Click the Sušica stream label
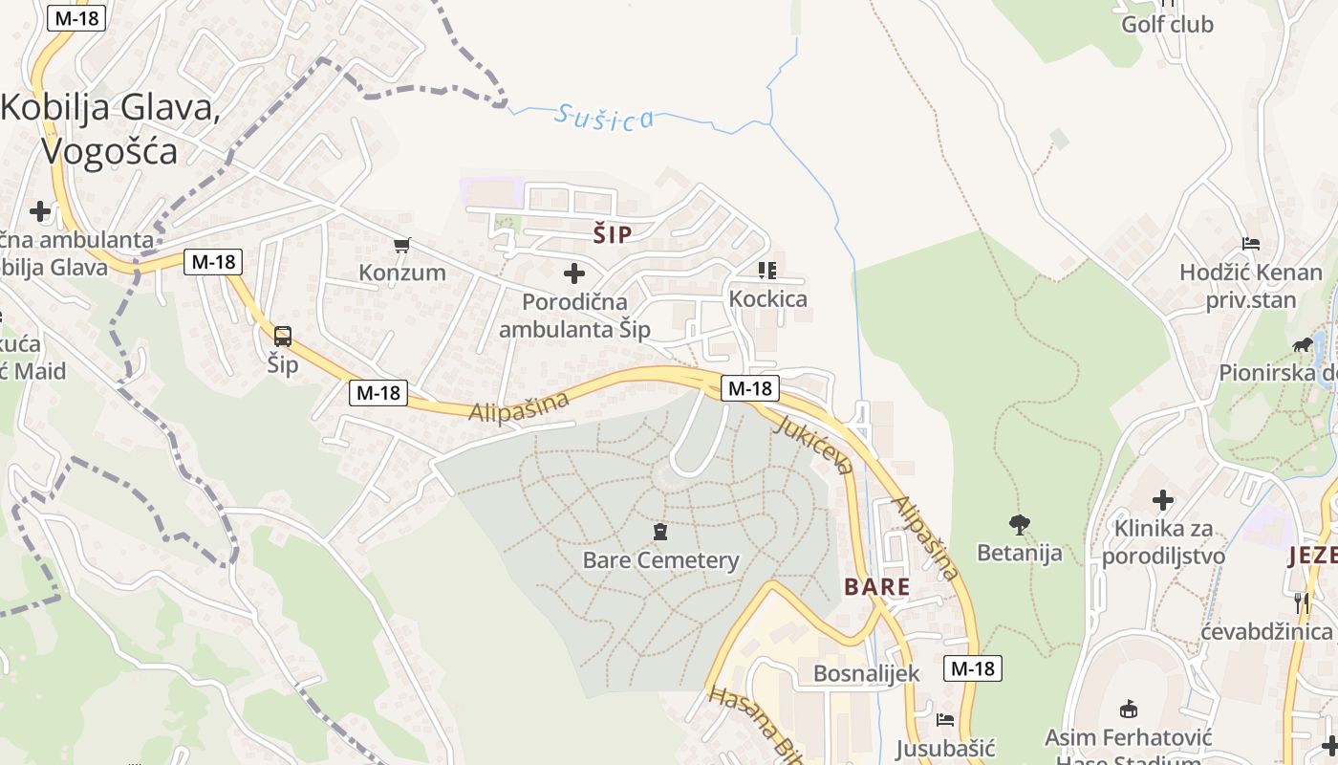pos(605,118)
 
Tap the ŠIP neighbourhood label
pos(613,234)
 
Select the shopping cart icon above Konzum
pos(402,246)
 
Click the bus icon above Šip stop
pos(283,337)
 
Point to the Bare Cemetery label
pos(660,560)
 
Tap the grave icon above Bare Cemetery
pos(659,532)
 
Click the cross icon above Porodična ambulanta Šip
pos(574,274)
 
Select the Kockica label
pos(767,298)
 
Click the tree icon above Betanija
pos(1019,524)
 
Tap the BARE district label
pos(876,586)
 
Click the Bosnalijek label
pos(866,673)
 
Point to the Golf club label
pos(1167,24)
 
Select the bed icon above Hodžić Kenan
pos(1250,244)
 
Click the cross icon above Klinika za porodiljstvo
pos(1162,499)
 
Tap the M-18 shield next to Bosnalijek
pos(973,668)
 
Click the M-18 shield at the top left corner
pos(76,18)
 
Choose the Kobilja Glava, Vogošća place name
pos(110,129)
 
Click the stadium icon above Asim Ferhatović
pos(1128,709)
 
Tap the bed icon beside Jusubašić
pos(945,720)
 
